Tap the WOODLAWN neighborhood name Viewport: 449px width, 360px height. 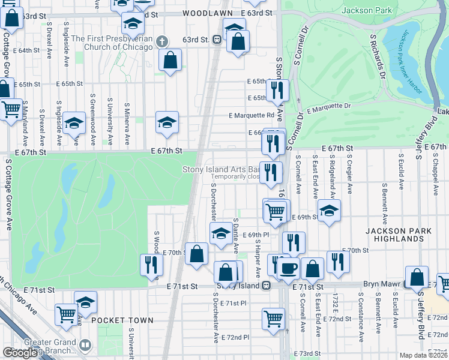(206, 13)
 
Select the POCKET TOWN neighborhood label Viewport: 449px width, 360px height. (122, 320)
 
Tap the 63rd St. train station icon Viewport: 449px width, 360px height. (218, 40)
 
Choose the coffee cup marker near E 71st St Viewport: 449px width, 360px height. (288, 268)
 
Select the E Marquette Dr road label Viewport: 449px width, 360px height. (329, 107)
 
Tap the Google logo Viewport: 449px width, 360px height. (20, 353)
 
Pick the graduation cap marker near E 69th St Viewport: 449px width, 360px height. (329, 211)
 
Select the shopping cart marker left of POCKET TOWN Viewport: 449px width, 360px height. (66, 313)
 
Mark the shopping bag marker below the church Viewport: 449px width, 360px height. (170, 60)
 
